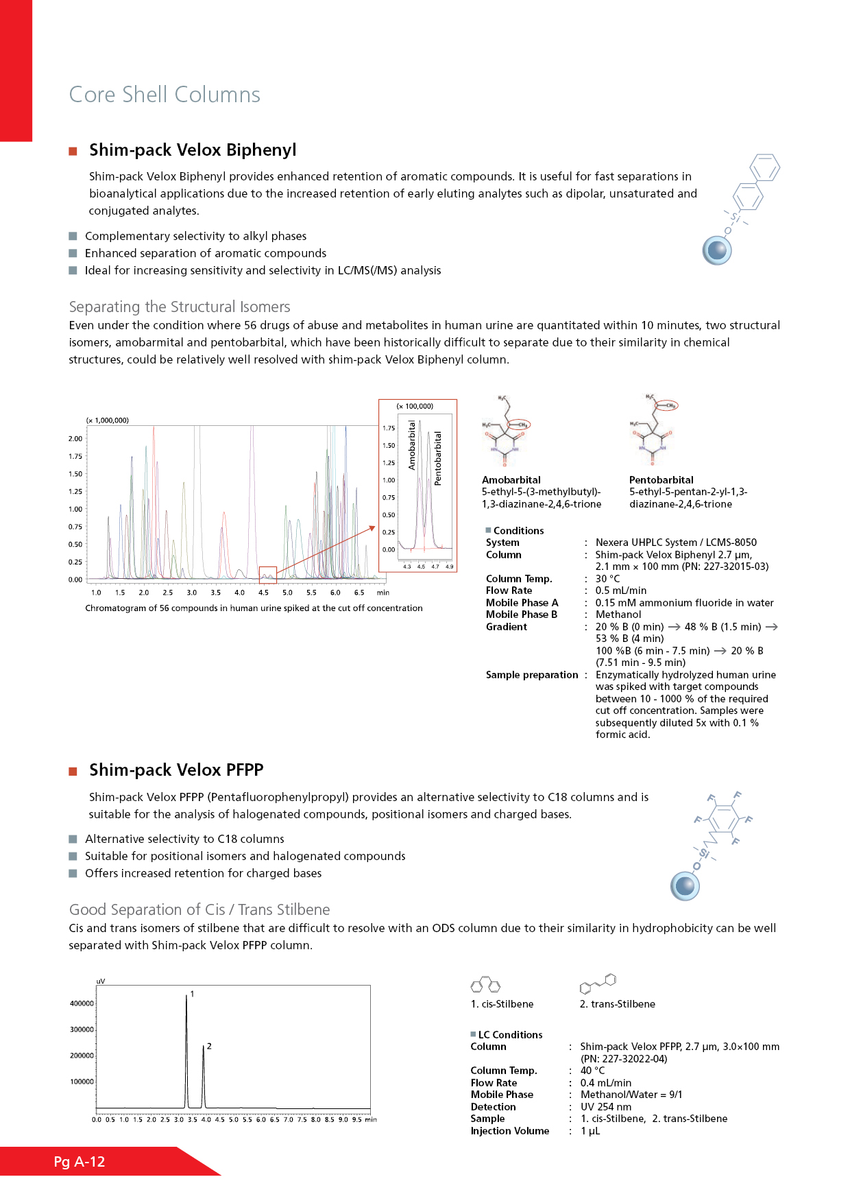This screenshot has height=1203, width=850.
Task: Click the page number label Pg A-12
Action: [x=80, y=1162]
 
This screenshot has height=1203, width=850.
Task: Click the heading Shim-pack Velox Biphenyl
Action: [x=193, y=150]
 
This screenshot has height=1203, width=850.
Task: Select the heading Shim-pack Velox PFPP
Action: [x=176, y=770]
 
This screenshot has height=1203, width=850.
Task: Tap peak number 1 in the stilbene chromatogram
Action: [x=192, y=994]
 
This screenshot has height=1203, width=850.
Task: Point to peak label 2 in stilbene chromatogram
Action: [x=209, y=1046]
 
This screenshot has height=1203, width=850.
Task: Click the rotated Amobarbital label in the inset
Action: [x=412, y=445]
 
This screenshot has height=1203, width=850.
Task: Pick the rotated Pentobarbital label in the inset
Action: [x=438, y=458]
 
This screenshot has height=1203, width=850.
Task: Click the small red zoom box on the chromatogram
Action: [x=267, y=575]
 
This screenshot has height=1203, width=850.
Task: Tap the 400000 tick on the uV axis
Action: [x=82, y=1003]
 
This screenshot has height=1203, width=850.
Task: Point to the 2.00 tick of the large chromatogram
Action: [x=75, y=439]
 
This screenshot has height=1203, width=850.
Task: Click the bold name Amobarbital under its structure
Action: [x=511, y=480]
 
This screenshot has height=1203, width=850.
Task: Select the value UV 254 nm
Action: [x=606, y=1107]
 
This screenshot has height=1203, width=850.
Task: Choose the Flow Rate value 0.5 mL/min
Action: [x=620, y=591]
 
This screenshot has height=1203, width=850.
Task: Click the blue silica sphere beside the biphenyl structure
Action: [x=717, y=251]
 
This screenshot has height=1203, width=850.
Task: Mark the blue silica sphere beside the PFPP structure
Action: [x=685, y=886]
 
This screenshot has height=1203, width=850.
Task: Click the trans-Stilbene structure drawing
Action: [x=598, y=984]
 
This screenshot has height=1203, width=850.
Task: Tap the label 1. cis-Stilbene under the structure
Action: [x=502, y=1004]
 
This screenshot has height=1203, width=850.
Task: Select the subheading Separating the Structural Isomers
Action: [x=180, y=307]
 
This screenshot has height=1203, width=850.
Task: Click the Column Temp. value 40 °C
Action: [x=592, y=1071]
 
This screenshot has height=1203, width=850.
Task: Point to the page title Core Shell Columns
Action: [x=165, y=95]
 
